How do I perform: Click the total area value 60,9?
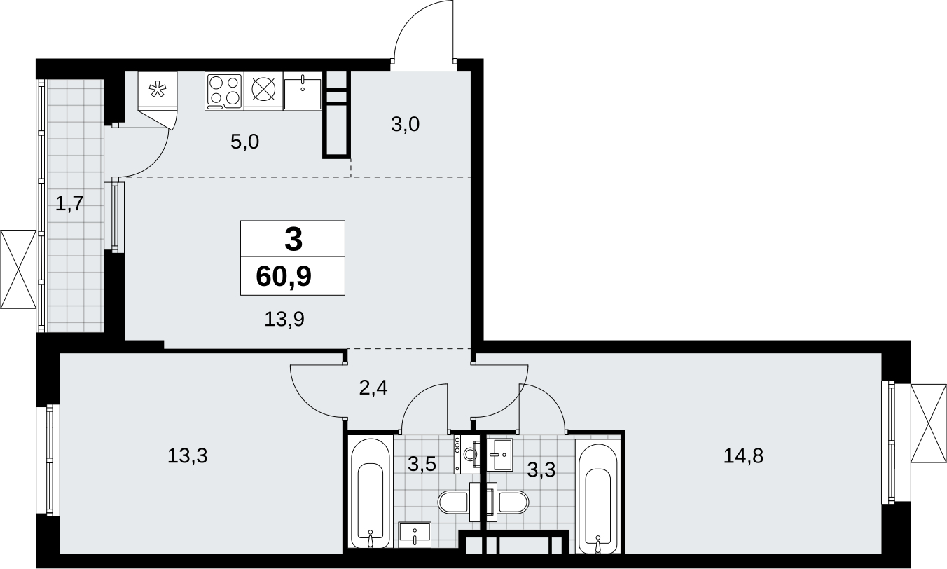point(284,277)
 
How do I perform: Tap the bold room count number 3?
point(293,239)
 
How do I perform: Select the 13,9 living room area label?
point(284,319)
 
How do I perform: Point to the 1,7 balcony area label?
point(69,204)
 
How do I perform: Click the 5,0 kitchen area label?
point(244,142)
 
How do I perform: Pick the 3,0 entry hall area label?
point(405,124)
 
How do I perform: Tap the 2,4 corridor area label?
point(373,388)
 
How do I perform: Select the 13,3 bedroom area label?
point(187,456)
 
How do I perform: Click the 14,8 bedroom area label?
point(743,456)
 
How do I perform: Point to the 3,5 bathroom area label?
point(422,464)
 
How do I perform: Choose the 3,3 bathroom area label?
point(541,469)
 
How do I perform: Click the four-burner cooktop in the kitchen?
point(224,91)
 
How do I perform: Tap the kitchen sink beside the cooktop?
point(303,91)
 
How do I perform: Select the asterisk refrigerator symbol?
point(158,90)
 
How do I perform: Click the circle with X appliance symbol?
point(263,90)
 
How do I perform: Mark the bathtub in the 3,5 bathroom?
point(371,493)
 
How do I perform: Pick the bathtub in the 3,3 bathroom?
point(597,498)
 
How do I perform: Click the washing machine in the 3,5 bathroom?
point(468,454)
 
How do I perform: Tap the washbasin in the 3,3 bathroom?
point(499,455)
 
